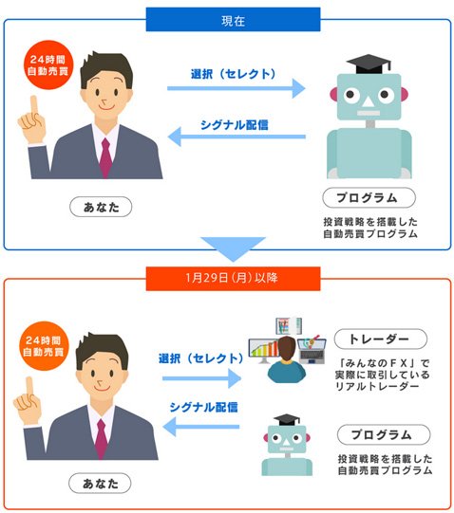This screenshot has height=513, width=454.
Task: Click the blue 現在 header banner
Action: [233, 20]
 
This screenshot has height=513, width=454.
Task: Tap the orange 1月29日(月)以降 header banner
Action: [233, 279]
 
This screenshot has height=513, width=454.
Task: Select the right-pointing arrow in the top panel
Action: [236, 88]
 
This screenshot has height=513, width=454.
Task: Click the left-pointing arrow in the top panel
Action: [236, 137]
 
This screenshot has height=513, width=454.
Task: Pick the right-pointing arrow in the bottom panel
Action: [202, 378]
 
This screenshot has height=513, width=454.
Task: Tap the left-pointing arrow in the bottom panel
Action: [201, 427]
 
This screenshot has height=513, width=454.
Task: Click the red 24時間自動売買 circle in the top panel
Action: [48, 65]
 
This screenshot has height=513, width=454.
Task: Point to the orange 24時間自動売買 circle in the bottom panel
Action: [45, 346]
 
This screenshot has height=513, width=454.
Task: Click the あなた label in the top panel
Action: [101, 207]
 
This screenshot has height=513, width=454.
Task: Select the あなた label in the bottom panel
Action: [100, 483]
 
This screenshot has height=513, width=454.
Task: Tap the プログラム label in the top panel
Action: [369, 197]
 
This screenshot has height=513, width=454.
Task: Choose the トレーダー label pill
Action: [381, 339]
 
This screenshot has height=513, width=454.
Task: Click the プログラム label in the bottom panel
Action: [384, 434]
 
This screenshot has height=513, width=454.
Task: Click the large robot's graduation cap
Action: [369, 64]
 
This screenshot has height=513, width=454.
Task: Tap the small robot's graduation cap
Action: [287, 420]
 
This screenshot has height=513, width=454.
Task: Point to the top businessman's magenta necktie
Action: [105, 157]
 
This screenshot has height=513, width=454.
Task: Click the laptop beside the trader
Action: [312, 351]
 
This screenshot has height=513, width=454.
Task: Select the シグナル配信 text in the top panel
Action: [235, 125]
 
